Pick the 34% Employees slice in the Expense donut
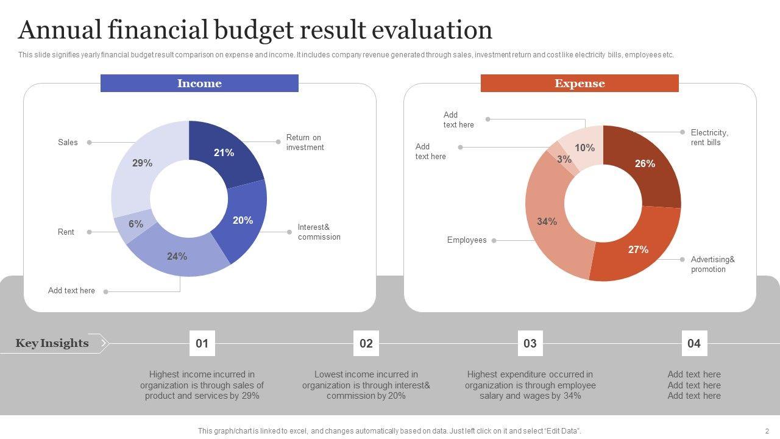(x=547, y=222)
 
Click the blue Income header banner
(x=199, y=84)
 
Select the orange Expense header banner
(x=580, y=84)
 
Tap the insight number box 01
(x=202, y=343)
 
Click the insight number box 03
(x=530, y=343)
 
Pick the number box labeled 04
(x=694, y=343)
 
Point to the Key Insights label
(x=52, y=343)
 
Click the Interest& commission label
(x=319, y=232)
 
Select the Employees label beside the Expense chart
(x=467, y=240)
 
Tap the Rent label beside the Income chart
(x=66, y=232)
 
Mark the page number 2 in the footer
(x=767, y=431)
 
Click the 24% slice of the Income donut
(x=177, y=257)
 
